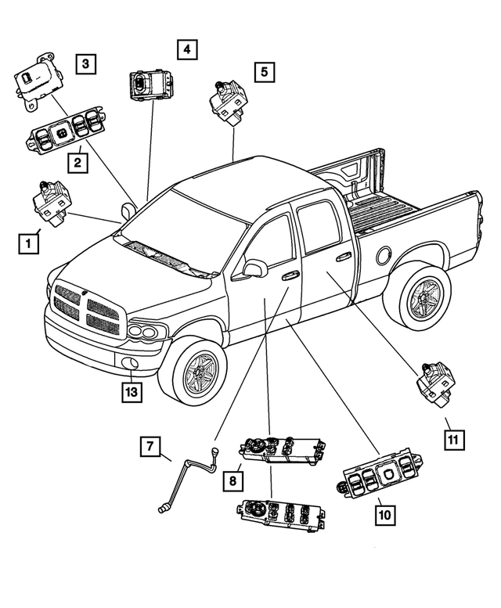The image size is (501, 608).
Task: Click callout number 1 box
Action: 28,244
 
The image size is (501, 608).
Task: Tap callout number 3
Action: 86,63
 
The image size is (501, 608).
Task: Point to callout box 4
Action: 186,50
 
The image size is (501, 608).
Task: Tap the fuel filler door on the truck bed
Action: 384,255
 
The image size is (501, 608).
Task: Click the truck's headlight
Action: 146,332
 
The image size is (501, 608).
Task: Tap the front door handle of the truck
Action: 290,275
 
